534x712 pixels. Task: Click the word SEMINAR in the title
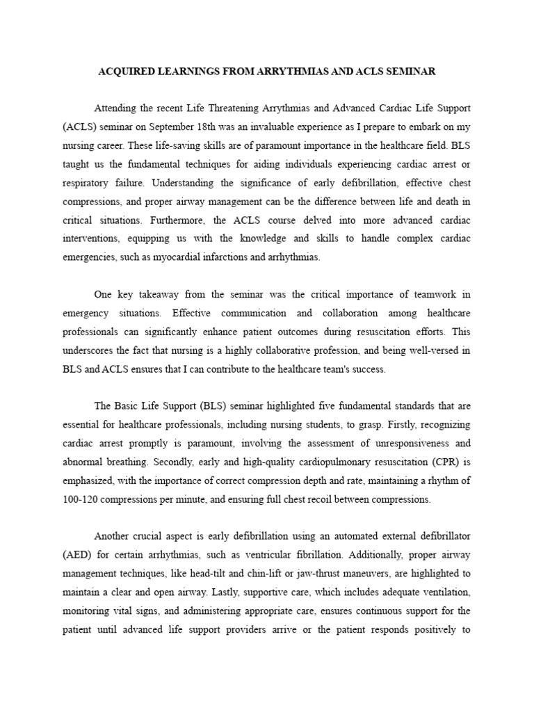[x=410, y=72]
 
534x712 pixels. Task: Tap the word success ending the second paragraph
[x=366, y=369]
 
